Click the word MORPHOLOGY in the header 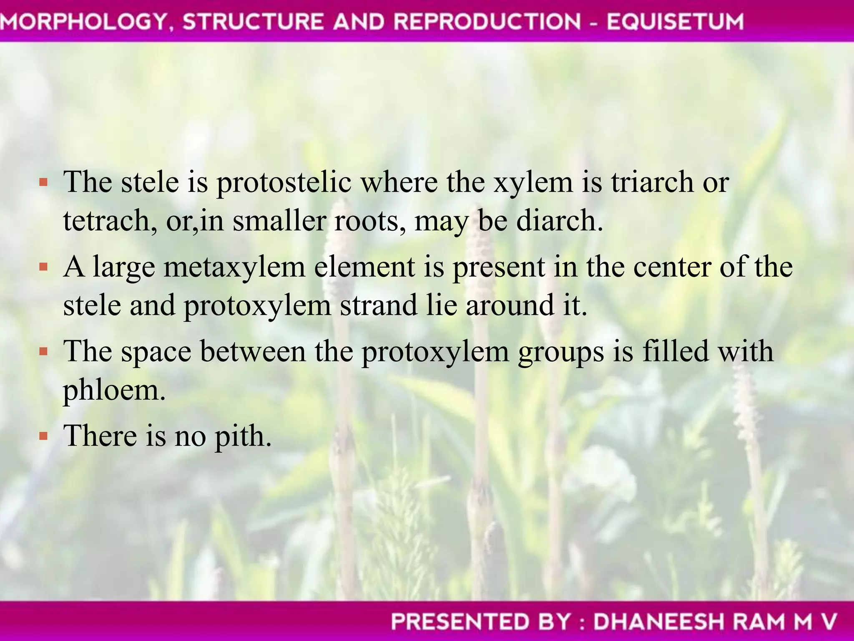coord(83,22)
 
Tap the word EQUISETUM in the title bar coord(675,22)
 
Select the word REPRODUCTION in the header coord(487,22)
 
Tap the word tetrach coord(110,221)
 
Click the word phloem coord(114,391)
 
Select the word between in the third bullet coord(253,352)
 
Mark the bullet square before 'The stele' coord(43,182)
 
